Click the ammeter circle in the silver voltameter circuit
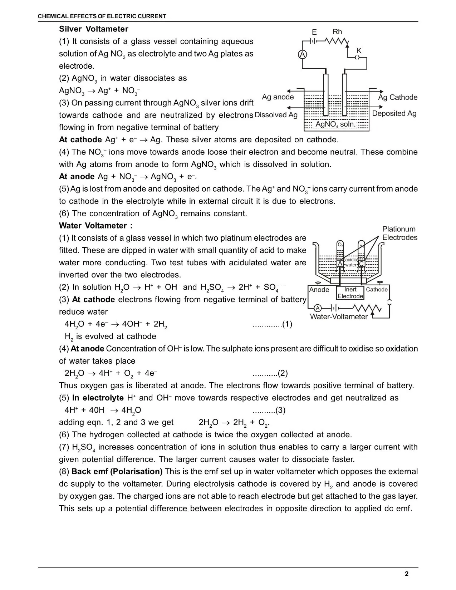pyautogui.click(x=303, y=54)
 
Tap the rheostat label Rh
pyautogui.click(x=337, y=32)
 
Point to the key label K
pyautogui.click(x=359, y=51)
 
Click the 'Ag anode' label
pyautogui.click(x=278, y=97)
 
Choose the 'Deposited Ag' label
pyautogui.click(x=394, y=113)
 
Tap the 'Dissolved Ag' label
pyautogui.click(x=276, y=115)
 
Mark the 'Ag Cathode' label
pyautogui.click(x=398, y=97)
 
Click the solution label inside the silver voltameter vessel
pyautogui.click(x=336, y=124)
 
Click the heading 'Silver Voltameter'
pyautogui.click(x=94, y=29)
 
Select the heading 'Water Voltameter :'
pyautogui.click(x=96, y=226)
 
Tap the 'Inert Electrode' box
pyautogui.click(x=350, y=293)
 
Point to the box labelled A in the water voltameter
pyautogui.click(x=340, y=264)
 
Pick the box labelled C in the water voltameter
pyautogui.click(x=361, y=264)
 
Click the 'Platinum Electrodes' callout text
pyautogui.click(x=399, y=233)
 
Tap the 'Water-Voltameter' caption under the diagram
pyautogui.click(x=338, y=317)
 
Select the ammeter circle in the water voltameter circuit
pyautogui.click(x=317, y=308)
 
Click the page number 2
pyautogui.click(x=407, y=574)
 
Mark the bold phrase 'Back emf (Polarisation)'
pyautogui.click(x=117, y=472)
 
